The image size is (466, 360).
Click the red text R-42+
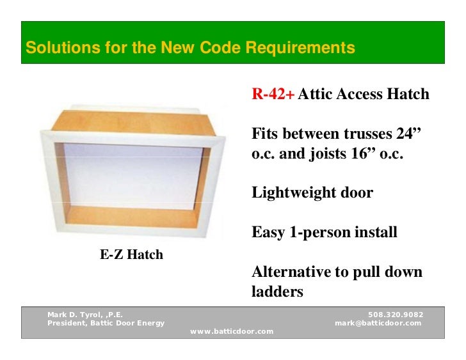(273, 95)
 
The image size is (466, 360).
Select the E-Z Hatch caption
(131, 255)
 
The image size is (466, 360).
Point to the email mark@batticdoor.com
(378, 323)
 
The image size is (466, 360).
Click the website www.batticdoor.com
(232, 331)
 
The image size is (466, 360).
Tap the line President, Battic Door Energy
(106, 323)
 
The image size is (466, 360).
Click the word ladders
(277, 292)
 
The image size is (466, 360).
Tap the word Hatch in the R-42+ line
(407, 95)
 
